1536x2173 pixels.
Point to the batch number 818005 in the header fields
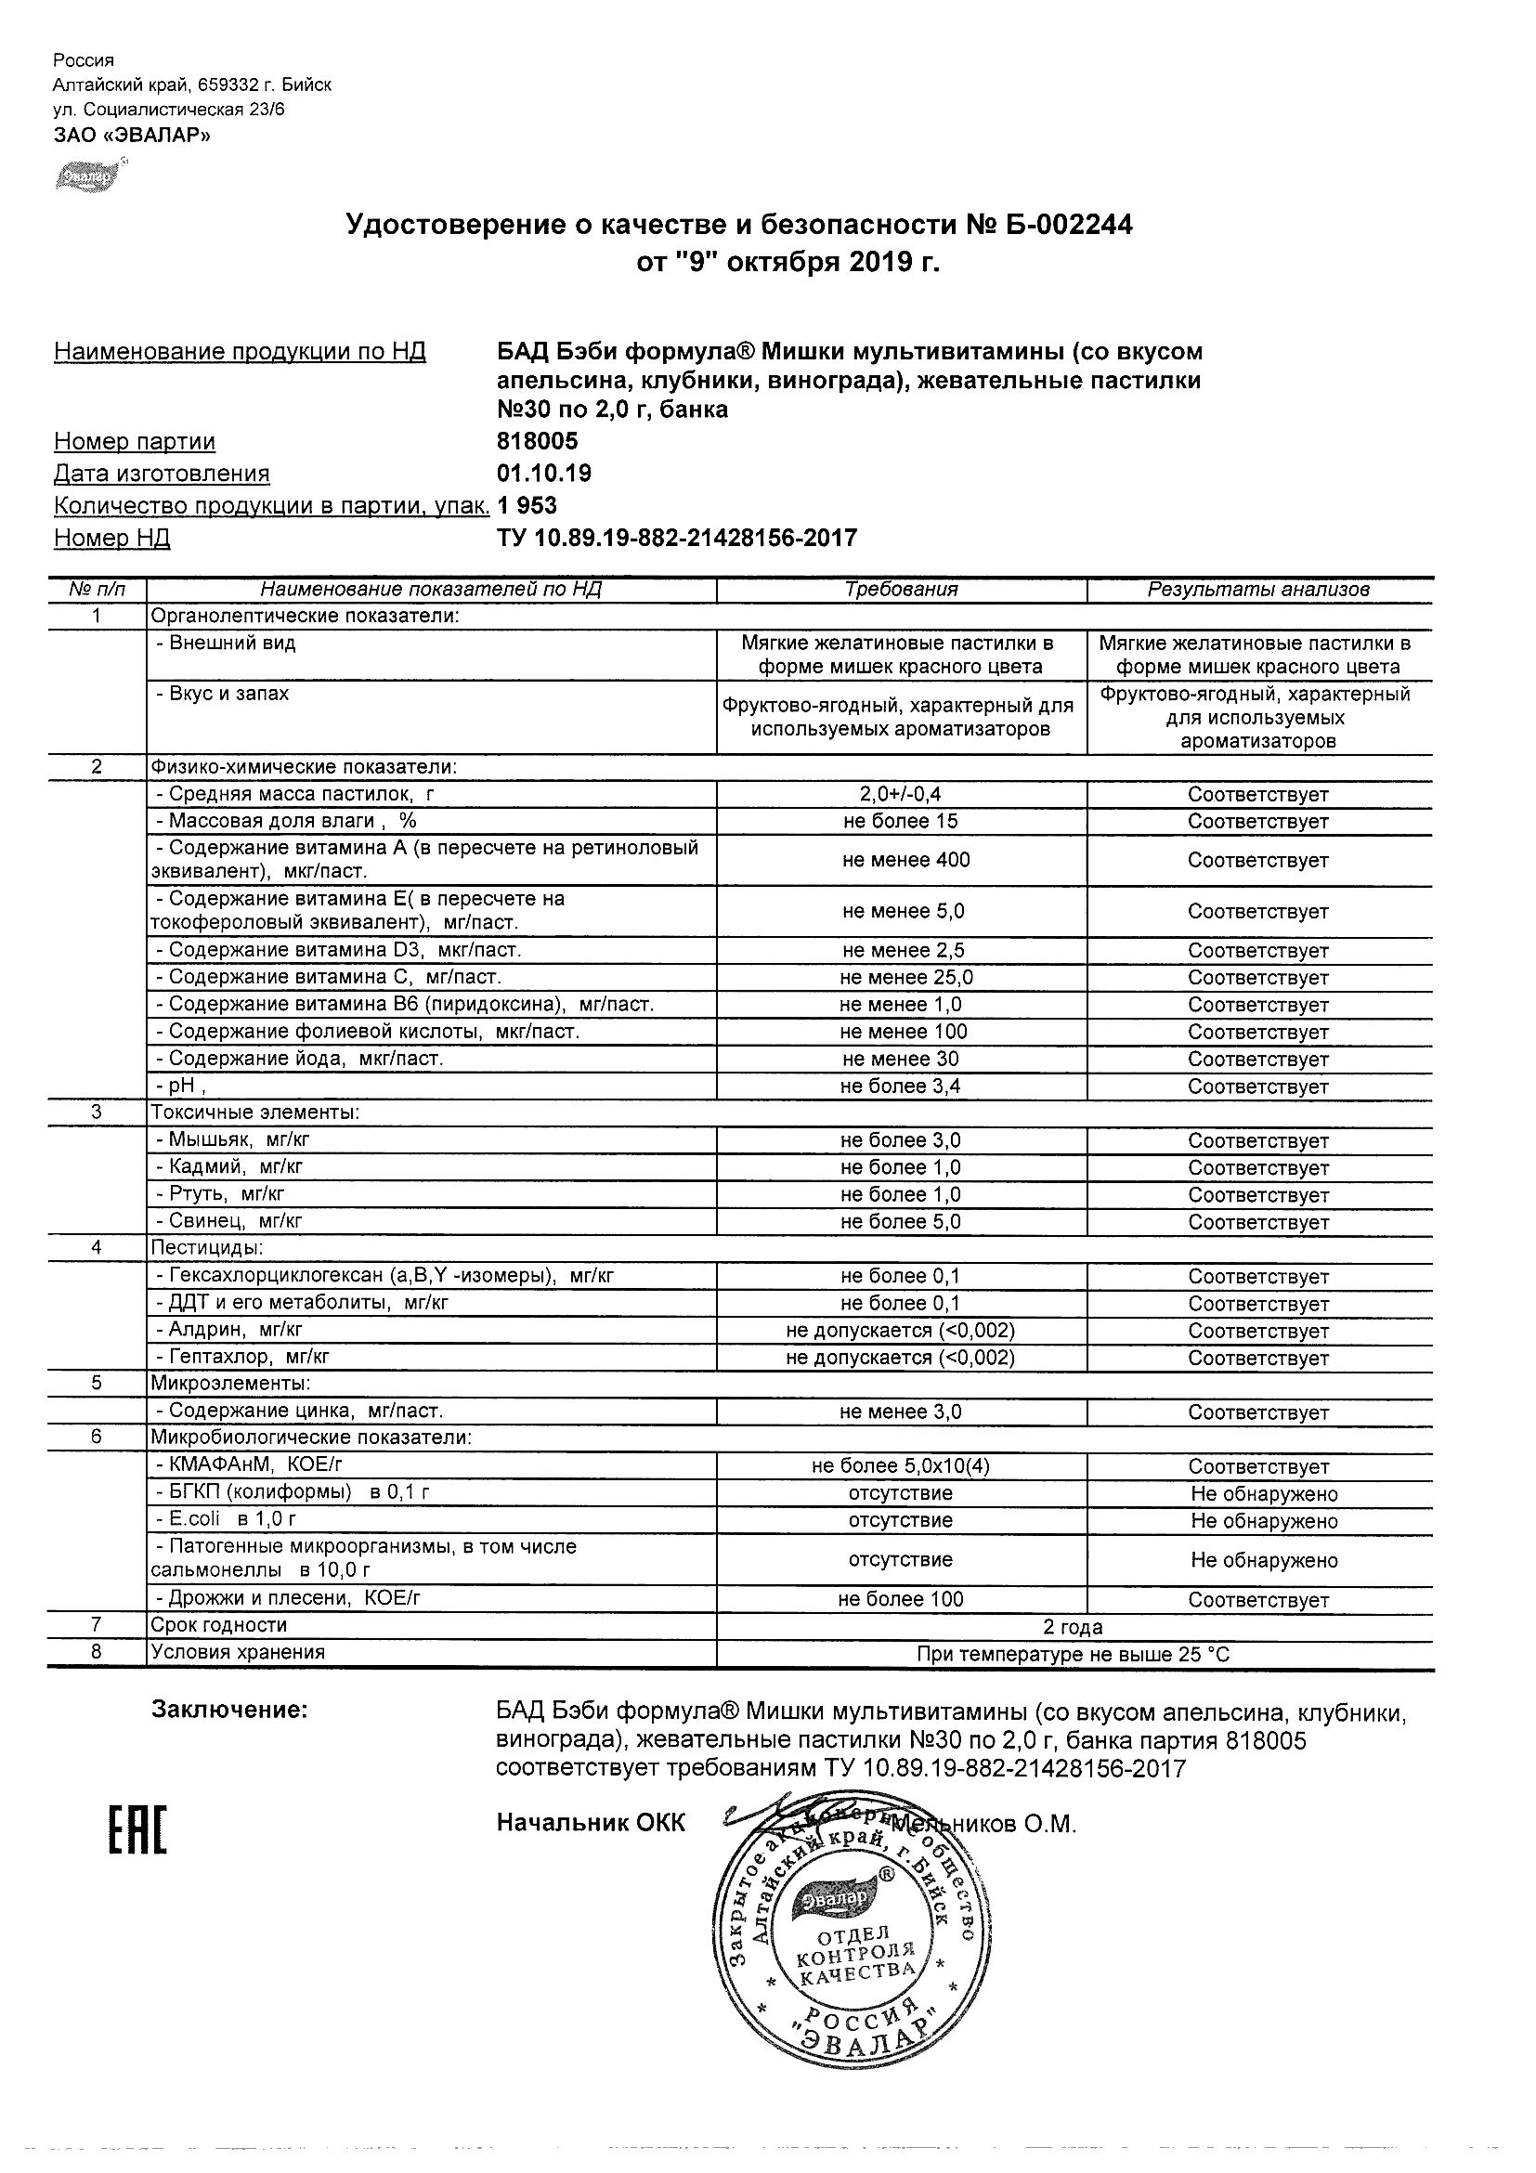pos(538,441)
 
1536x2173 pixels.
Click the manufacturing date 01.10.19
pos(544,474)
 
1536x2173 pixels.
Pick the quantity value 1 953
pos(527,505)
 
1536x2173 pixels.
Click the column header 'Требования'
pos(901,590)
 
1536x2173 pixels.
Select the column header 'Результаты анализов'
pos(1258,590)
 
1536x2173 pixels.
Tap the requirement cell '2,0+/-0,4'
pos(901,794)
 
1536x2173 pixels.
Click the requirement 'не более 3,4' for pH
pos(901,1086)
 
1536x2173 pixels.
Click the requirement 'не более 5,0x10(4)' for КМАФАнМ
pos(901,1466)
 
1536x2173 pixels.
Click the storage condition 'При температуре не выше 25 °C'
pos(1074,1654)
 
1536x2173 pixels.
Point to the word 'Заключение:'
pos(230,1711)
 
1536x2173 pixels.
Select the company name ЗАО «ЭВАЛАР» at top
pos(132,136)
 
